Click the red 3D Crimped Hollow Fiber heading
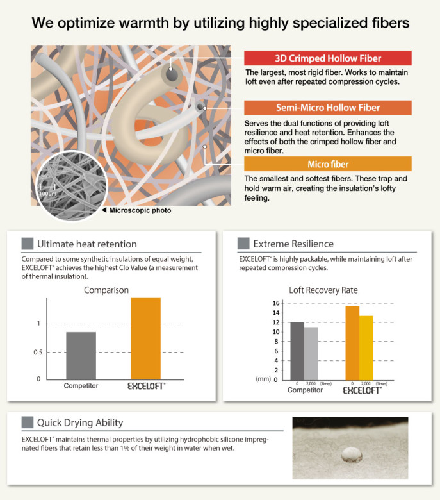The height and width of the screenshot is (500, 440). coord(328,58)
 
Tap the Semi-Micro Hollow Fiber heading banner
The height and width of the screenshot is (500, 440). coord(328,108)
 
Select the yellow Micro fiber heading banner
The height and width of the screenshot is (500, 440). coord(328,164)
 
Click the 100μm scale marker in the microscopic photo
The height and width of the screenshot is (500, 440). coord(47,189)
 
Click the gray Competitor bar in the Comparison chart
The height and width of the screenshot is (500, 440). coord(81,355)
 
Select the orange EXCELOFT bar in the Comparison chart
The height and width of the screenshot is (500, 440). coord(145,338)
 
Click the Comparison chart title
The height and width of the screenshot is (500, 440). coord(106,290)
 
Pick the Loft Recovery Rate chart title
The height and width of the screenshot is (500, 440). coord(323,290)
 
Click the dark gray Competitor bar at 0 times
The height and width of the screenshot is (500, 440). coord(297,351)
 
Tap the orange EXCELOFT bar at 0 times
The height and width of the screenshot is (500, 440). coord(352,342)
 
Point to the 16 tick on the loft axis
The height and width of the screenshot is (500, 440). coord(276,303)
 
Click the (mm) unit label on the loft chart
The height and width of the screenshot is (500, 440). coord(263,379)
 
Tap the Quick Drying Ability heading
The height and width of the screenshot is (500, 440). coord(80,422)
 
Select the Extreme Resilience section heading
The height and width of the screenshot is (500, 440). coord(293,244)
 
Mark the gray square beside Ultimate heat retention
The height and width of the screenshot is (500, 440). coord(28,244)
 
